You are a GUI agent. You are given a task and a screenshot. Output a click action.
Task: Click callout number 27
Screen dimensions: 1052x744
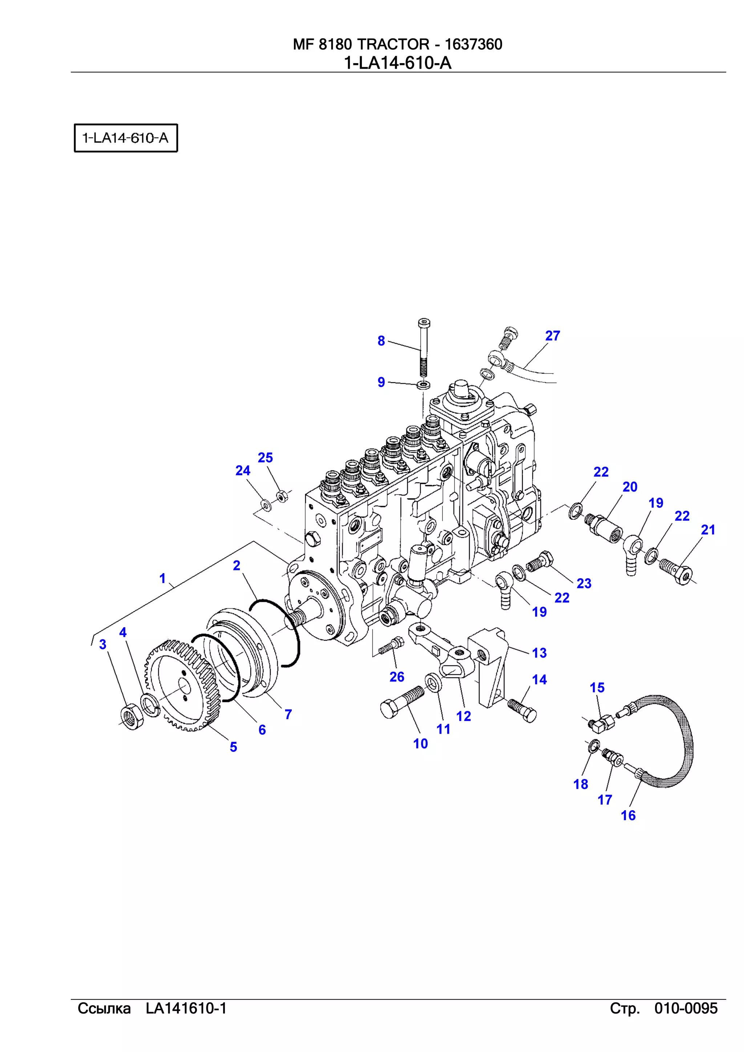(x=553, y=336)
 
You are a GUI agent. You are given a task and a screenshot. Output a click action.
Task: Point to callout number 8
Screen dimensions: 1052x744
(x=381, y=341)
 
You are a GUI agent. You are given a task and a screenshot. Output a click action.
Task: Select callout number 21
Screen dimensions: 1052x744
(x=708, y=530)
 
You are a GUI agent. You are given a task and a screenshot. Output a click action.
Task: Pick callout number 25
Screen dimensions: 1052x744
(x=265, y=458)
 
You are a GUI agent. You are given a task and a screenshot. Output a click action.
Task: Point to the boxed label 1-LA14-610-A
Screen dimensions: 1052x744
(x=126, y=138)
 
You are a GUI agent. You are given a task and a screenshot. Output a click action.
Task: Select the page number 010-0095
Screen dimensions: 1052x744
(x=686, y=1008)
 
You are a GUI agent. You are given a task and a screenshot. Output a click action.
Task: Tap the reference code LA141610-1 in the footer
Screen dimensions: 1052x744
(x=186, y=1008)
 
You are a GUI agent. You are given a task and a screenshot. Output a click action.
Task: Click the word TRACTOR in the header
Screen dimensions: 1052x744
(x=393, y=44)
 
